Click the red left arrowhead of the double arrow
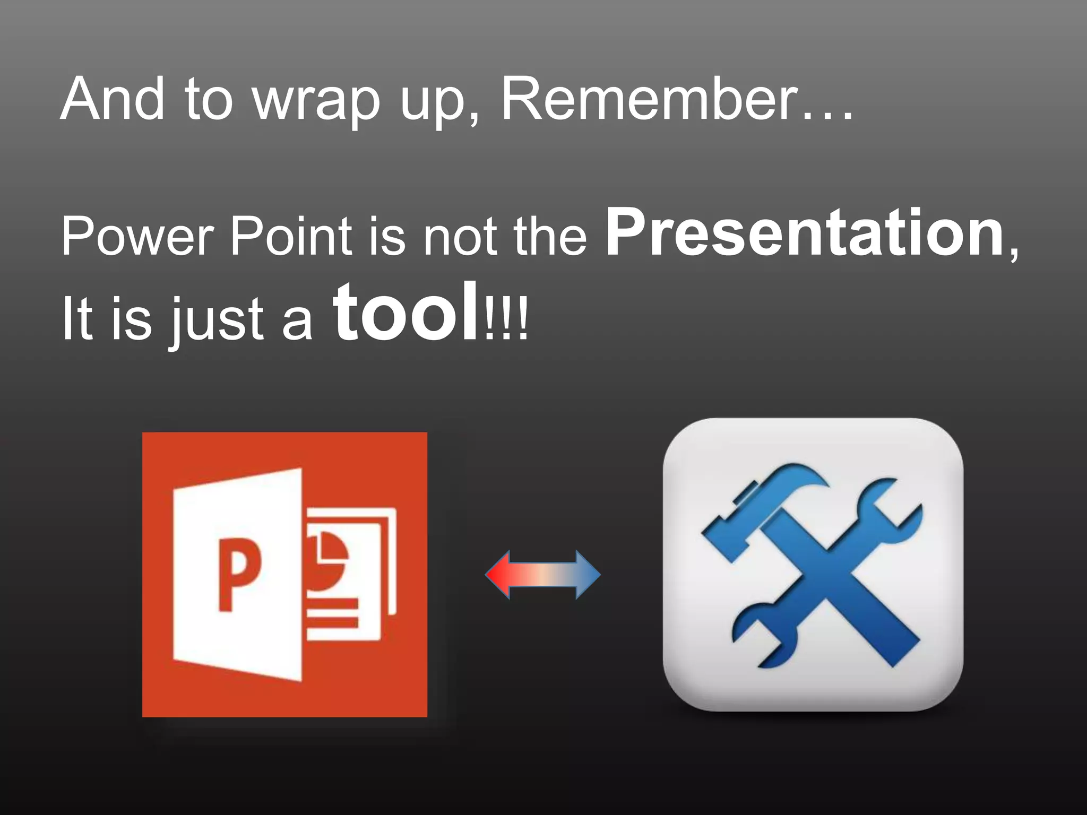(x=499, y=575)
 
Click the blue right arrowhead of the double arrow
(x=588, y=575)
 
